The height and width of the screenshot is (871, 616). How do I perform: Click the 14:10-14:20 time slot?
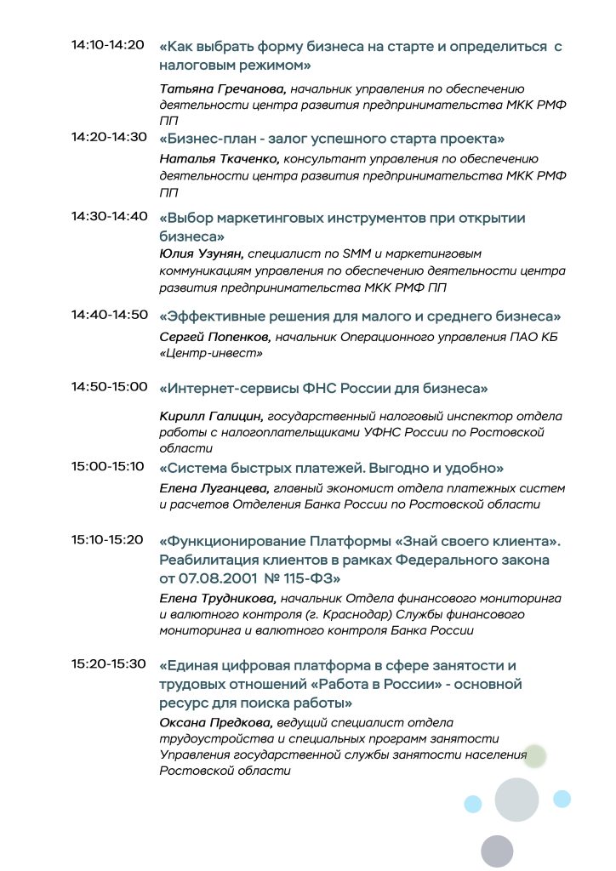point(108,45)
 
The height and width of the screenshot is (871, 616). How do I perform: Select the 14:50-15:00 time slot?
point(109,387)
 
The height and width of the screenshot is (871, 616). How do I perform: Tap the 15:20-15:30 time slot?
point(108,664)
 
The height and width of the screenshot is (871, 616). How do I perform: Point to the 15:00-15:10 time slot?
point(108,467)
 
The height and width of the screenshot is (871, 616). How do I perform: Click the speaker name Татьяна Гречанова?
point(224,88)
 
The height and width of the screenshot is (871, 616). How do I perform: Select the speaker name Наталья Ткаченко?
point(220,159)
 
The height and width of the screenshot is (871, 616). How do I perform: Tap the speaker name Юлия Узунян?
point(202,253)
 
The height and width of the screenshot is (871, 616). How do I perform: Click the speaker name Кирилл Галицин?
point(212,417)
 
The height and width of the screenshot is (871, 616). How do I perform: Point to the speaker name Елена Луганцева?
point(214,488)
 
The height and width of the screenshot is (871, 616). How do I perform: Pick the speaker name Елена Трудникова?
point(219,599)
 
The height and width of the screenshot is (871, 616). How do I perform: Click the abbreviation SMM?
point(379,253)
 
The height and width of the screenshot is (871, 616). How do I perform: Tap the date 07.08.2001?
point(214,579)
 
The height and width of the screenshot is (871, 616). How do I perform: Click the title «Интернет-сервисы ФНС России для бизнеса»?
point(323,389)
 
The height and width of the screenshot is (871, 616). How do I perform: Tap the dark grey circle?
point(497,851)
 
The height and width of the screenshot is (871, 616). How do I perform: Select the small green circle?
point(534,755)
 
